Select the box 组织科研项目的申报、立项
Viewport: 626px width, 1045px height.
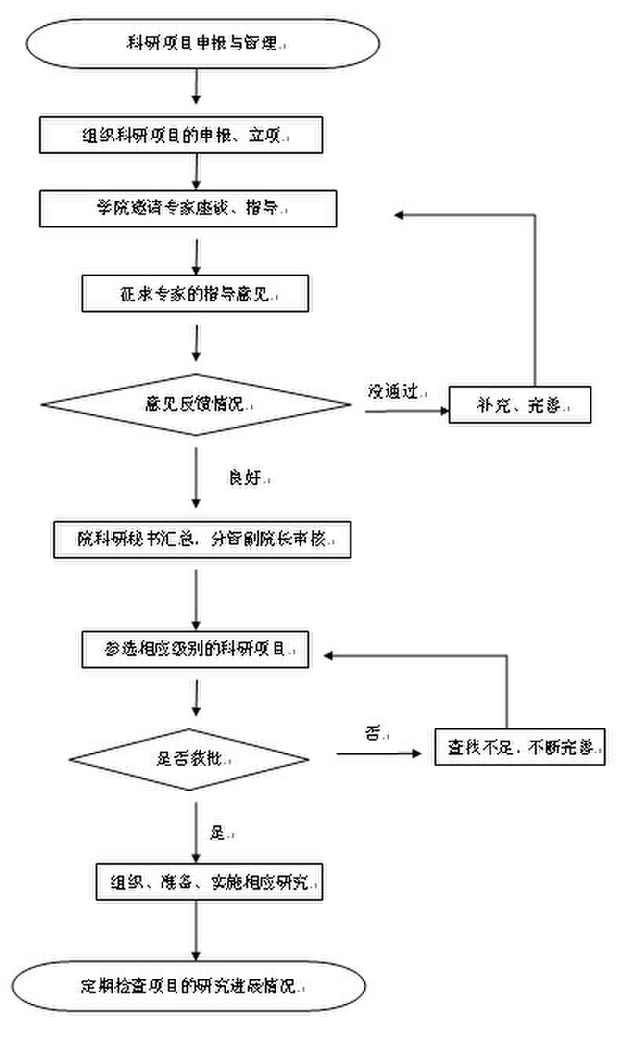[x=181, y=135]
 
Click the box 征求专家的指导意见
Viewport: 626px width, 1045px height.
[x=195, y=293]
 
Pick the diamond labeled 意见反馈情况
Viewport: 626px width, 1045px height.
[x=196, y=405]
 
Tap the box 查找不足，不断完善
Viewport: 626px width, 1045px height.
[x=520, y=748]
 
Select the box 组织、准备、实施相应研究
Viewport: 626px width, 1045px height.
[x=210, y=883]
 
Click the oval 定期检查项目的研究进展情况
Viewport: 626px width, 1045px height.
[x=189, y=985]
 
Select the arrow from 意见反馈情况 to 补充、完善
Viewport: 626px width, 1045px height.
[x=404, y=410]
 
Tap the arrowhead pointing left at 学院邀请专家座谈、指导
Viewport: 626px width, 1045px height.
[x=399, y=215]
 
